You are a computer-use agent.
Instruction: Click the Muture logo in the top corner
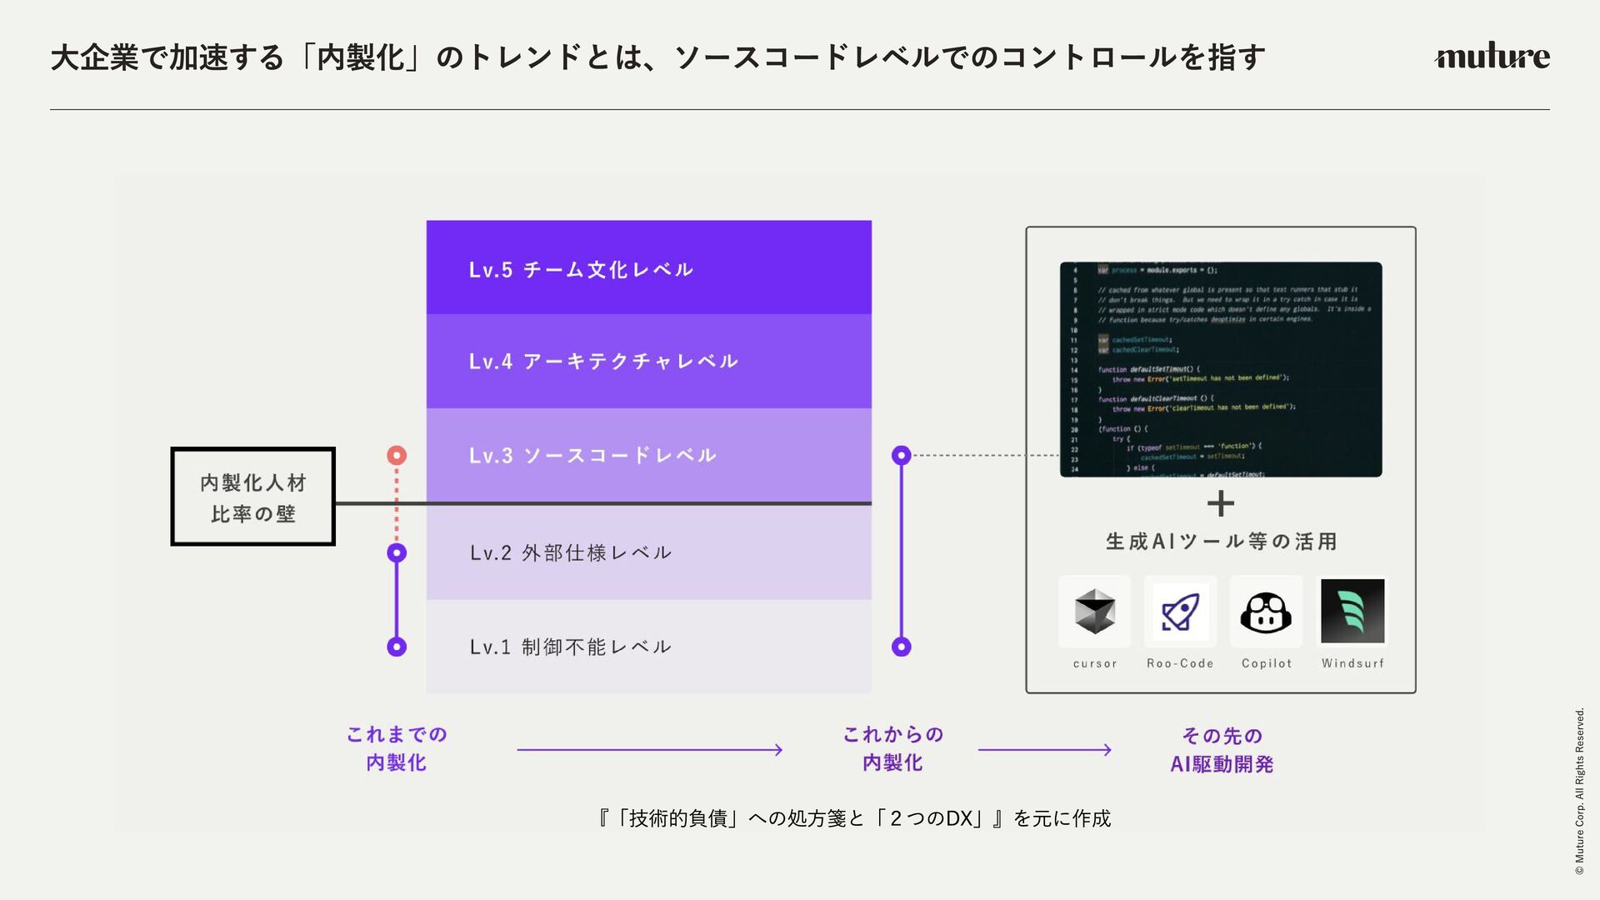click(x=1492, y=56)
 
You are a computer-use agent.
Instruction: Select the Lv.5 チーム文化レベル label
click(x=581, y=270)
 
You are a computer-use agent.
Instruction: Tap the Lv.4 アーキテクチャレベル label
click(x=603, y=362)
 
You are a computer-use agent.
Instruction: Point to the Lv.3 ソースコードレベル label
click(x=592, y=456)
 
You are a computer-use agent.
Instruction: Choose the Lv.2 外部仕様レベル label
click(x=571, y=552)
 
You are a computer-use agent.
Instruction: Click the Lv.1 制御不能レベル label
click(x=571, y=647)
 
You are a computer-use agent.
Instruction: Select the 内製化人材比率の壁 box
click(x=253, y=497)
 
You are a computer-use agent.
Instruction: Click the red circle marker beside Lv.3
click(x=397, y=455)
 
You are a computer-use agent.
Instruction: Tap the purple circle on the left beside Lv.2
click(x=397, y=552)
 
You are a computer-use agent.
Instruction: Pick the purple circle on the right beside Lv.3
click(x=901, y=455)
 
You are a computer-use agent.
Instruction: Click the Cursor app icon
click(x=1094, y=612)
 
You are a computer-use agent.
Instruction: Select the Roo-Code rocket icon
click(x=1180, y=612)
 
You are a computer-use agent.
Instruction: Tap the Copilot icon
click(x=1266, y=612)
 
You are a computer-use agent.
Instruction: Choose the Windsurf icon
click(x=1352, y=612)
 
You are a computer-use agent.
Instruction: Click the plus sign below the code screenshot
click(x=1221, y=503)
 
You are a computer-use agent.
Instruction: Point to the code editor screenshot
click(x=1221, y=369)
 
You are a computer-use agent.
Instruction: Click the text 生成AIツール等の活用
click(x=1222, y=542)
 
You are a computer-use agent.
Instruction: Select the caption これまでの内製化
click(x=397, y=748)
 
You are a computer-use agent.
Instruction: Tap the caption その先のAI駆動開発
click(x=1222, y=750)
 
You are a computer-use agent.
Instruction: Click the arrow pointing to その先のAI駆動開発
click(x=1044, y=750)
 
